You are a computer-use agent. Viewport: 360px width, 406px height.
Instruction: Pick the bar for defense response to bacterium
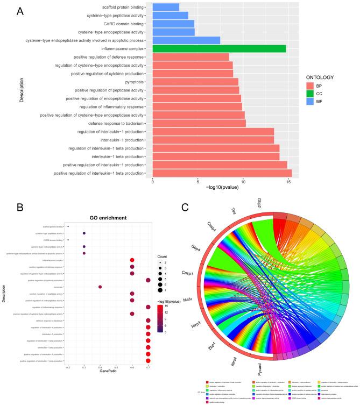tap(199, 123)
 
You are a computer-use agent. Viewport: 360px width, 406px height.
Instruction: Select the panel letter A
tap(20, 11)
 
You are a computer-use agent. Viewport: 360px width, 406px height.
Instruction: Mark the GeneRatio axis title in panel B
tap(108, 371)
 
